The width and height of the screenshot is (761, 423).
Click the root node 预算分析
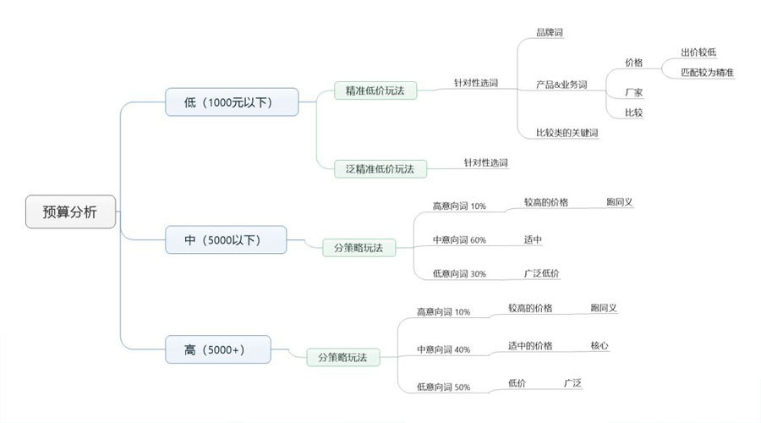pyautogui.click(x=69, y=211)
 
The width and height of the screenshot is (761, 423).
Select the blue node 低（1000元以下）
pyautogui.click(x=233, y=102)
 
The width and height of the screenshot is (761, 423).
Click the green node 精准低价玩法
pyautogui.click(x=375, y=89)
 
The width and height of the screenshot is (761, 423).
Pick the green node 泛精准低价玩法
pyautogui.click(x=380, y=168)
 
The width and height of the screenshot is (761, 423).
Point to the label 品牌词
pyautogui.click(x=550, y=32)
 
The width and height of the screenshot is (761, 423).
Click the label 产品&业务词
pyautogui.click(x=561, y=85)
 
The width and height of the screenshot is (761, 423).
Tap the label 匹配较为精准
pyautogui.click(x=707, y=73)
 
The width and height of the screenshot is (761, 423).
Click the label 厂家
pyautogui.click(x=633, y=91)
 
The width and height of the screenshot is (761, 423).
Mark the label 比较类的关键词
pyautogui.click(x=567, y=133)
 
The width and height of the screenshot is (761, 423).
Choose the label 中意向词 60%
pyautogui.click(x=459, y=239)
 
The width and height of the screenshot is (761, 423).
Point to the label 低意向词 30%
pyautogui.click(x=459, y=273)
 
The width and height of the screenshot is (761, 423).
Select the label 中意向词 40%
pyautogui.click(x=444, y=349)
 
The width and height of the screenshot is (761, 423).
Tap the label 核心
pyautogui.click(x=599, y=345)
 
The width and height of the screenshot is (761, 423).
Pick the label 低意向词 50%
pyautogui.click(x=444, y=387)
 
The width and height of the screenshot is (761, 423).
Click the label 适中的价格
pyautogui.click(x=530, y=345)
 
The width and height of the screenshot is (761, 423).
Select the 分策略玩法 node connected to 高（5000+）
pyautogui.click(x=342, y=357)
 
